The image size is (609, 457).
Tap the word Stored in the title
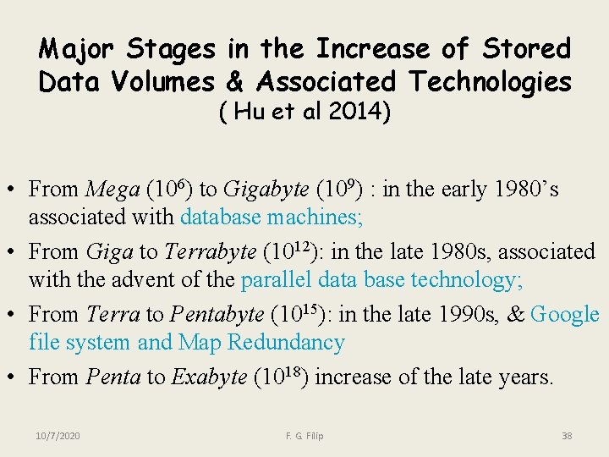click(527, 49)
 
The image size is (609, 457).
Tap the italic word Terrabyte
click(210, 252)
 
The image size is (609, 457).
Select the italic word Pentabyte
click(217, 315)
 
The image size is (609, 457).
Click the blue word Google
click(564, 315)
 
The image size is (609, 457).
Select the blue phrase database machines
click(272, 217)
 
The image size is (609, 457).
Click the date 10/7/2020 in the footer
click(58, 436)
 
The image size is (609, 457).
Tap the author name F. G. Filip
click(304, 436)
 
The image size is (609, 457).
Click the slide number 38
click(567, 436)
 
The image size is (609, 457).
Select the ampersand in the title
click(237, 82)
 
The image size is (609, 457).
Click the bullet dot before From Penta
click(15, 377)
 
